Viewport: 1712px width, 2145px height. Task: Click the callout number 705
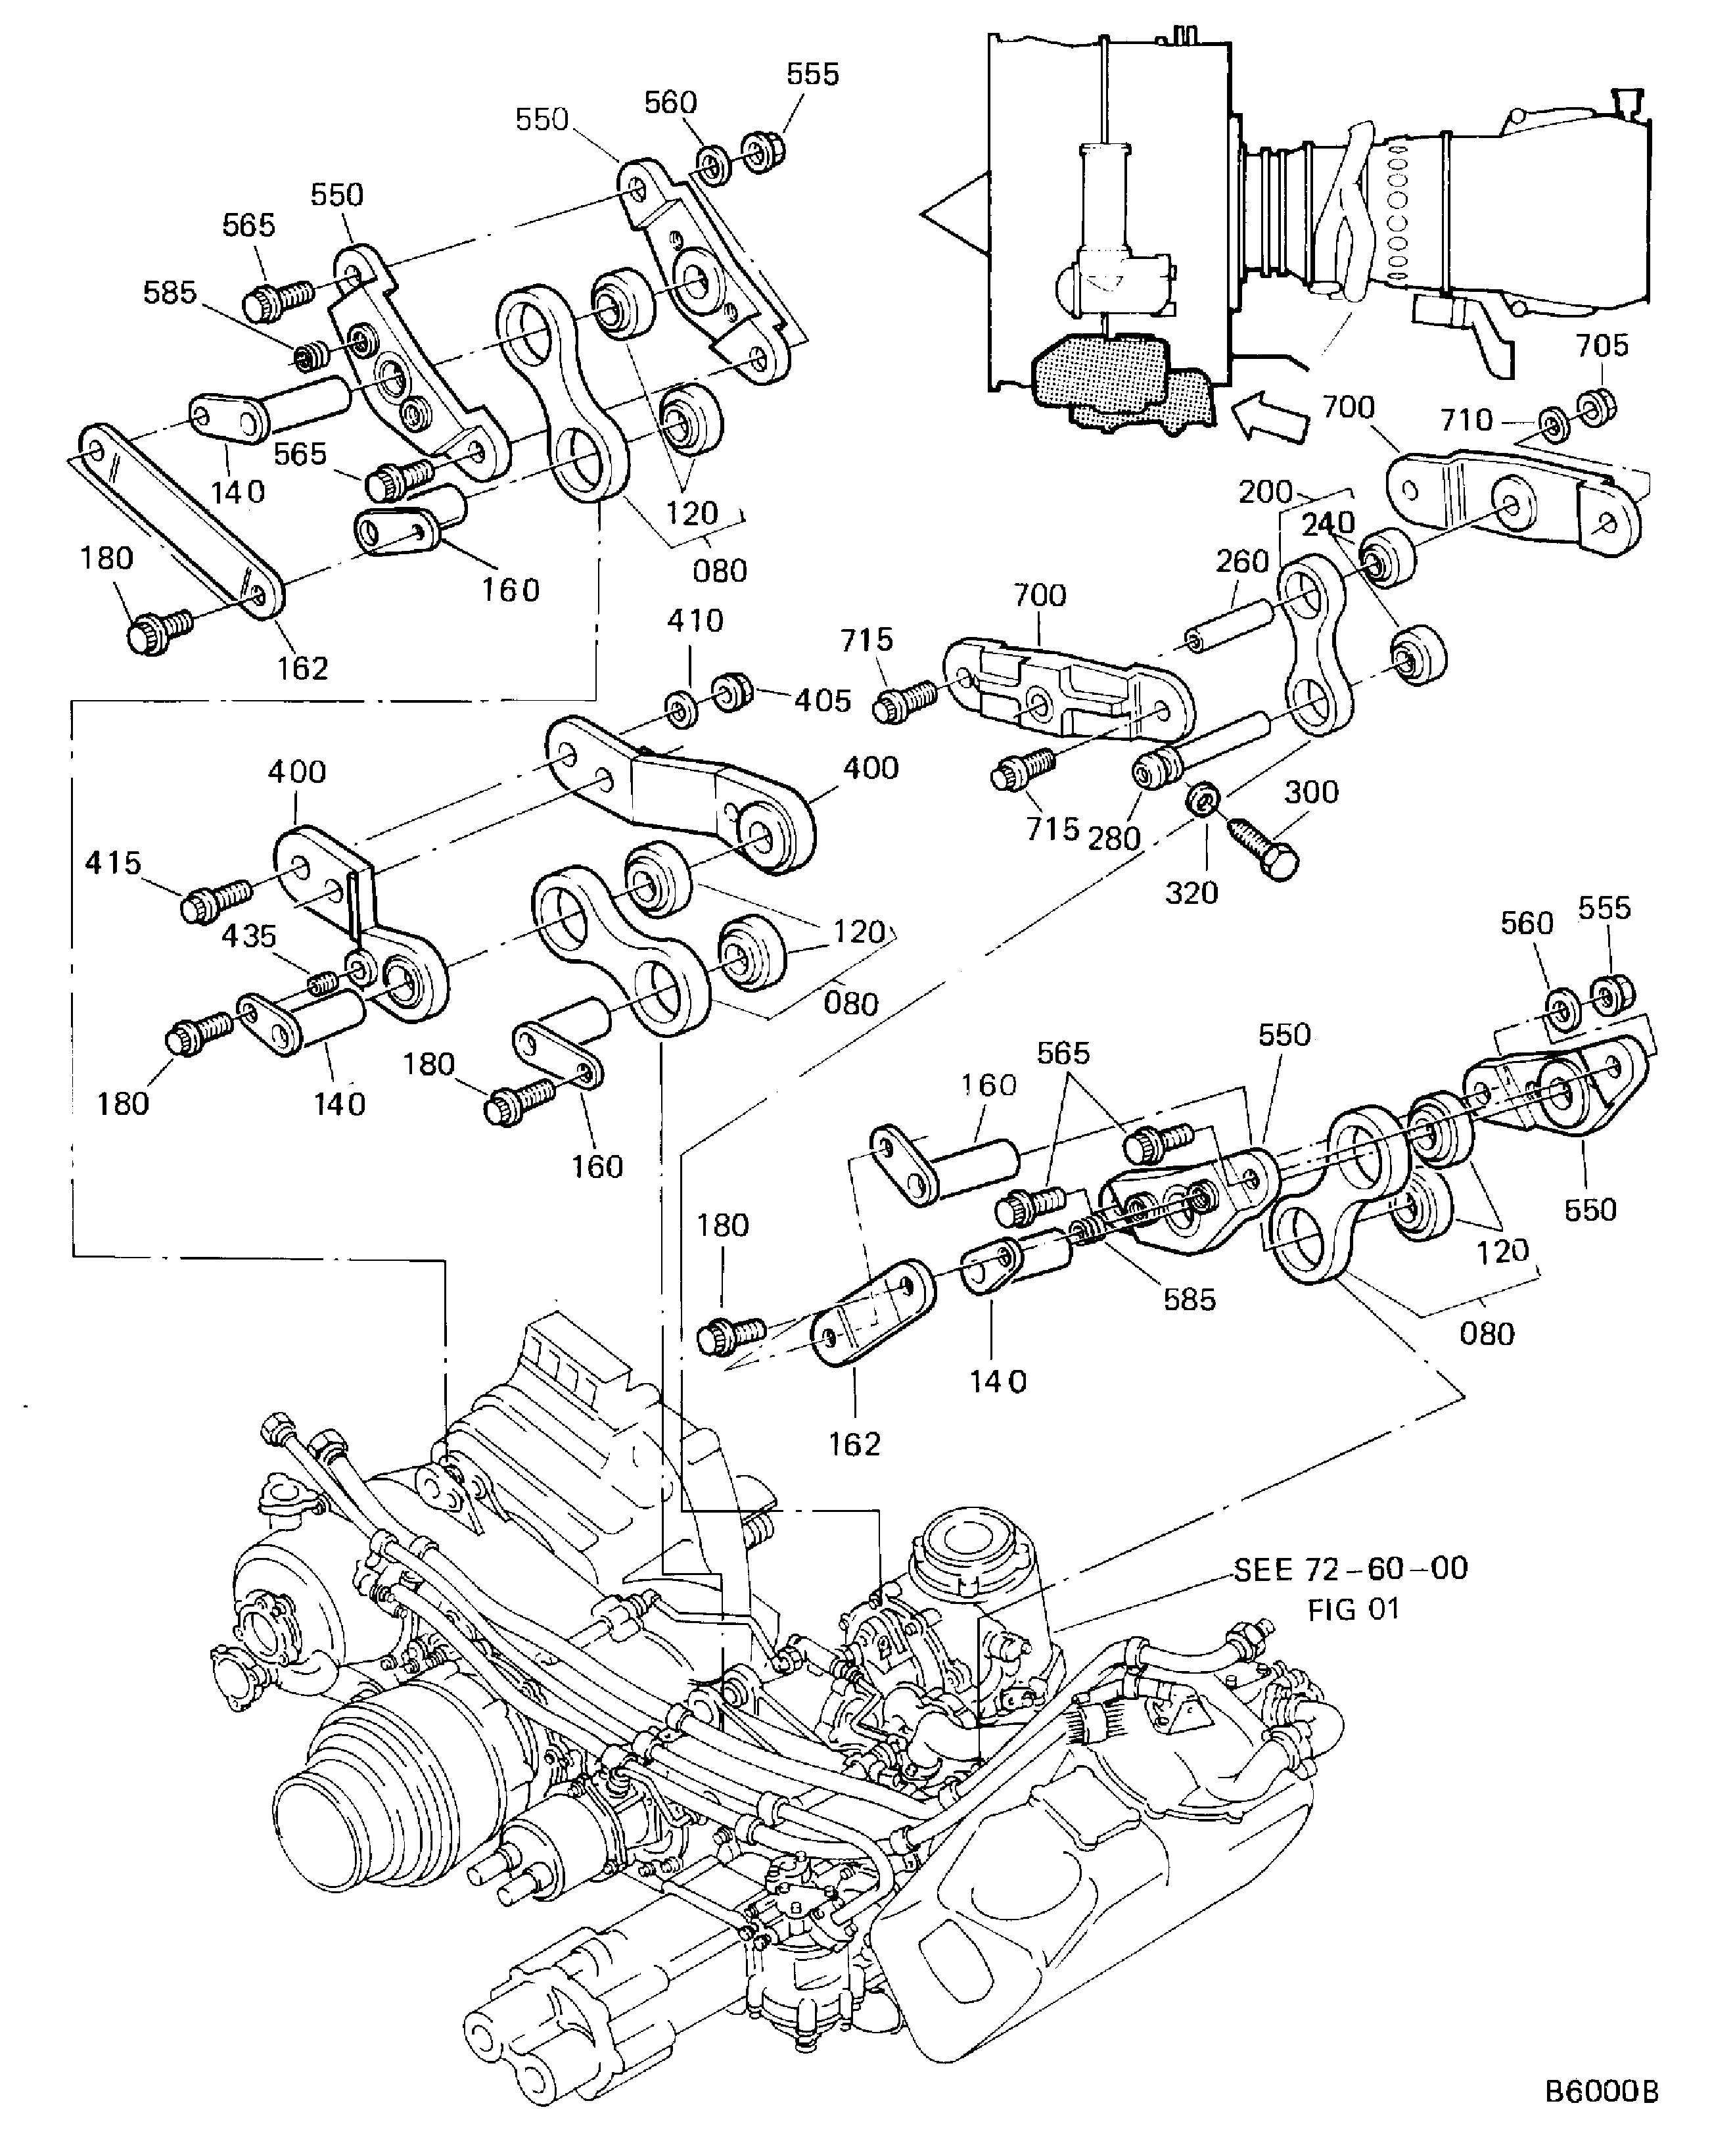pyautogui.click(x=1602, y=346)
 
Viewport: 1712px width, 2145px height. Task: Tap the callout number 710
pyautogui.click(x=1466, y=420)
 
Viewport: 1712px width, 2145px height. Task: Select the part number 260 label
pyautogui.click(x=1243, y=562)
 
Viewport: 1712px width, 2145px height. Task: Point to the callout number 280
pyautogui.click(x=1113, y=839)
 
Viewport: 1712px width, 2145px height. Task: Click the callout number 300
pyautogui.click(x=1311, y=793)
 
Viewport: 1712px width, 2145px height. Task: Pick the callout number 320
pyautogui.click(x=1191, y=893)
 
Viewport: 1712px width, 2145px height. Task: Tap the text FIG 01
pyautogui.click(x=1353, y=1609)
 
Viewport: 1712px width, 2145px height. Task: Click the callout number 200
pyautogui.click(x=1264, y=492)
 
